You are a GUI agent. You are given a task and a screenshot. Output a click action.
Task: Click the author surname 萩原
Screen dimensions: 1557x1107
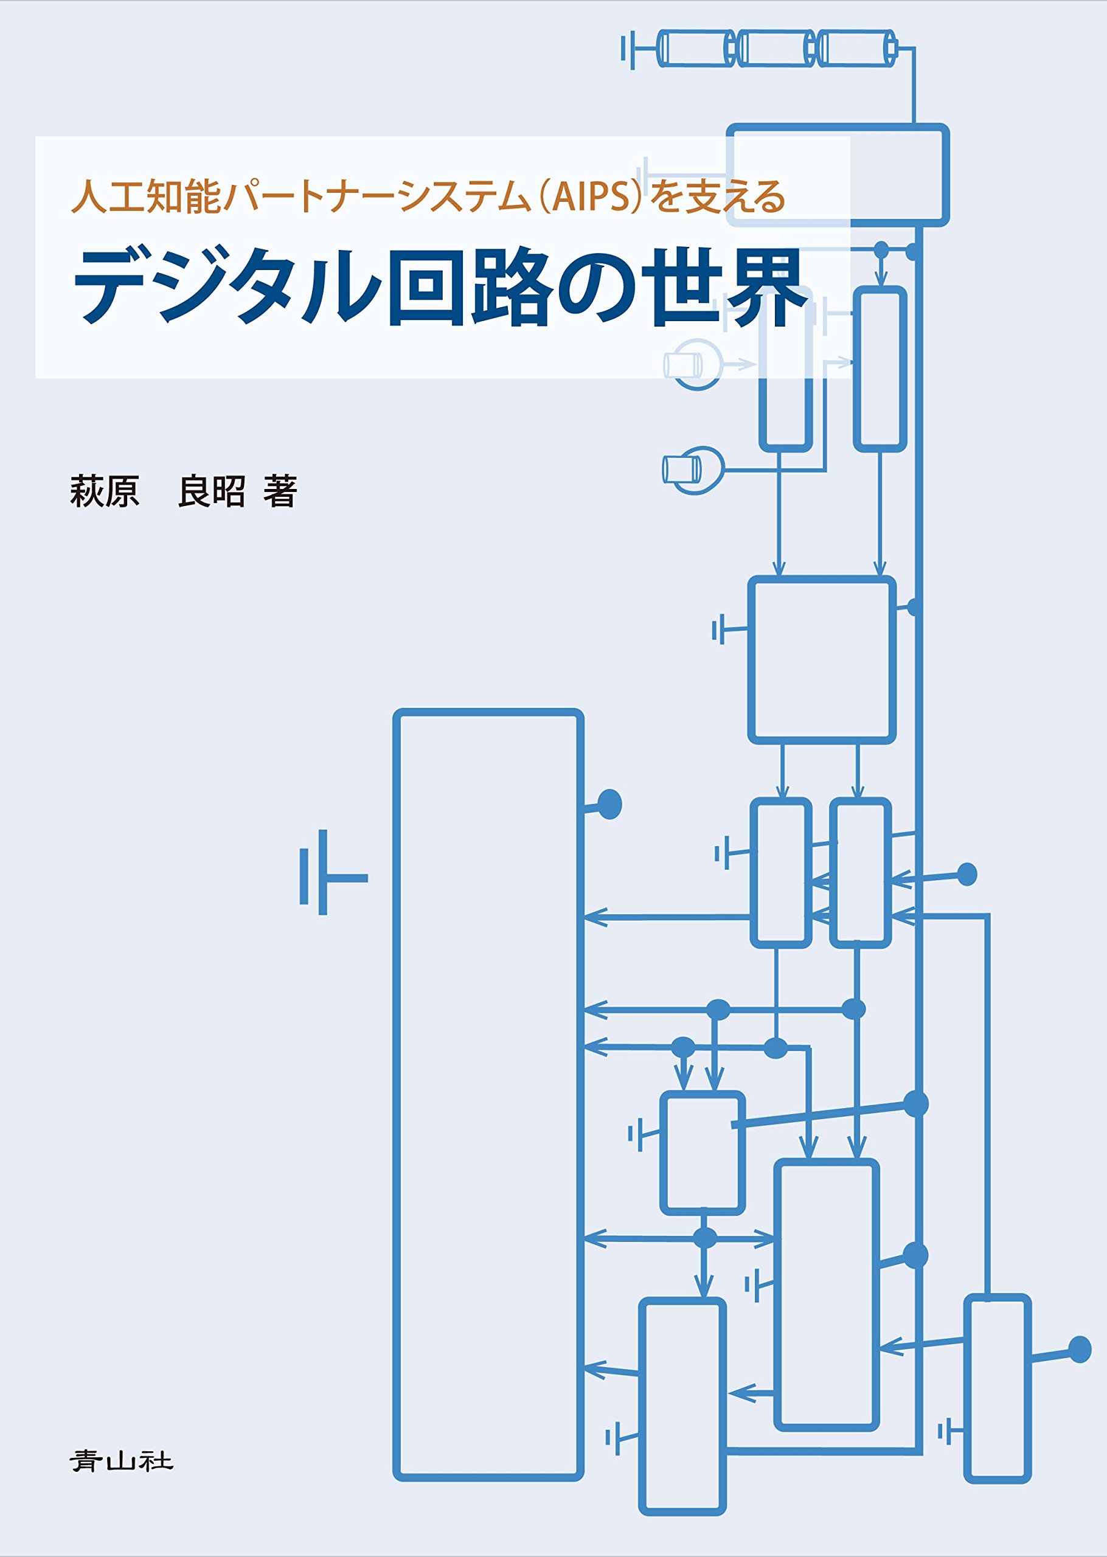click(x=104, y=491)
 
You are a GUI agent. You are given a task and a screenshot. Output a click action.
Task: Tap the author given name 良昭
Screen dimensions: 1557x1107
click(x=211, y=491)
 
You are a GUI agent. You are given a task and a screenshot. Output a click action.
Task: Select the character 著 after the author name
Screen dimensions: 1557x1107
click(x=280, y=491)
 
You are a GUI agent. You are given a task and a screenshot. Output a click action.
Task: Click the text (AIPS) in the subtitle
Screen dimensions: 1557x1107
click(x=591, y=196)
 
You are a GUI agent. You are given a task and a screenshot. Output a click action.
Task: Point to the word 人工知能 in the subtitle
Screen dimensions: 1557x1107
click(x=146, y=196)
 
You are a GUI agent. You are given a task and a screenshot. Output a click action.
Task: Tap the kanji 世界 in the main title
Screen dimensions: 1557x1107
click(x=727, y=287)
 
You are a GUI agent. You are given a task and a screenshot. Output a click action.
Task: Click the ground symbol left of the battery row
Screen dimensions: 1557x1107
click(x=631, y=49)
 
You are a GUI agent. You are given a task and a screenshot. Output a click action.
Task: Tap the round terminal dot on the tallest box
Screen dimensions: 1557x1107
click(x=609, y=804)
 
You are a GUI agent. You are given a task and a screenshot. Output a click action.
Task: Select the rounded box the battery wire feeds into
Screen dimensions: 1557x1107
click(x=837, y=175)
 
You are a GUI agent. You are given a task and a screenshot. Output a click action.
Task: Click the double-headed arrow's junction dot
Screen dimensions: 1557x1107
click(x=705, y=1238)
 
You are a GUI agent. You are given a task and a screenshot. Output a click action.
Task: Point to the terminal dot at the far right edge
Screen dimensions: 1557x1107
click(x=1080, y=1349)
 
